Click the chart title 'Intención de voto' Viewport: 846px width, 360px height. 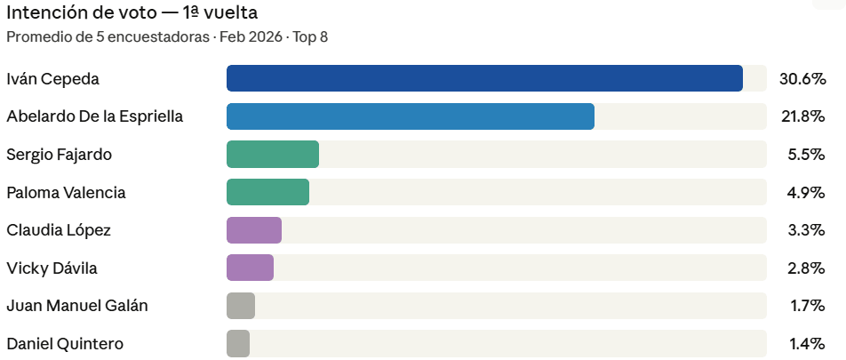pos(132,12)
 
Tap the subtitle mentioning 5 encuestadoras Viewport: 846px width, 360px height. pos(167,37)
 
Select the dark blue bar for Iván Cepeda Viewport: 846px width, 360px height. pos(484,78)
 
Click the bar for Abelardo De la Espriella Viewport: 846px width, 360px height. pos(410,116)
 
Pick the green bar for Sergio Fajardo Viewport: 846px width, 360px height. pos(273,154)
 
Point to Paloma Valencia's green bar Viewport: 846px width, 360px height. pos(267,192)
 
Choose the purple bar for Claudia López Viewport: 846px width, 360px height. pos(254,230)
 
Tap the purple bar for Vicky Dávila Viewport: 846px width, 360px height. pos(250,268)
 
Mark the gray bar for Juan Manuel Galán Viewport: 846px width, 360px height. pos(241,306)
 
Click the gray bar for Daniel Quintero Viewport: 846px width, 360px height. pos(238,344)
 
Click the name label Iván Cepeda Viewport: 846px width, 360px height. pos(52,78)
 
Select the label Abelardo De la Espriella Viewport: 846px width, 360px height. pos(94,116)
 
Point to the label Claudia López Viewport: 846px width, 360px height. pos(59,230)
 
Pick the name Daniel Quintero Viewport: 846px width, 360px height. pos(65,344)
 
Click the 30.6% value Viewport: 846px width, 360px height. pos(802,78)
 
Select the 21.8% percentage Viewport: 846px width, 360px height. pos(802,116)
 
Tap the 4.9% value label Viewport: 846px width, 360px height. pos(806,192)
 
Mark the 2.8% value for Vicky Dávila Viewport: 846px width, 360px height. pos(806,268)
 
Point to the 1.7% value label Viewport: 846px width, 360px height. pos(806,306)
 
